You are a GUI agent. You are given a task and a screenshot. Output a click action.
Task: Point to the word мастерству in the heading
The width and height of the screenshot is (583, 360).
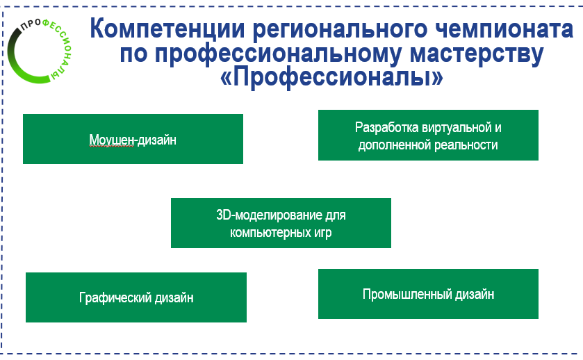[473, 55]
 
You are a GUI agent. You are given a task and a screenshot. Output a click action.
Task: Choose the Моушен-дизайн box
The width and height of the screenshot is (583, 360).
[133, 140]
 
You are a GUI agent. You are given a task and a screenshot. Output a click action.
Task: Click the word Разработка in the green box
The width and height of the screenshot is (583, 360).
[385, 128]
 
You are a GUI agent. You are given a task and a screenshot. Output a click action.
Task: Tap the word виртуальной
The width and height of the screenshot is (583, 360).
[455, 128]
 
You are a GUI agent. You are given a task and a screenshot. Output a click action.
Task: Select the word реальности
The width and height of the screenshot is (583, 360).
[466, 145]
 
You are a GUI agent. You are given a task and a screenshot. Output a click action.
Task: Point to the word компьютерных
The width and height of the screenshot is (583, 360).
[266, 233]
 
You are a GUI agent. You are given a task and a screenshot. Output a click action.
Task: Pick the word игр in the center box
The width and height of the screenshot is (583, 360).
[321, 233]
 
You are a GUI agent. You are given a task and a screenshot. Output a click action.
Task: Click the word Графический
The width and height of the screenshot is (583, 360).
[113, 298]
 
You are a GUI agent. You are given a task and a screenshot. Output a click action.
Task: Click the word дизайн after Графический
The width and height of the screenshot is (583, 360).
[171, 298]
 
